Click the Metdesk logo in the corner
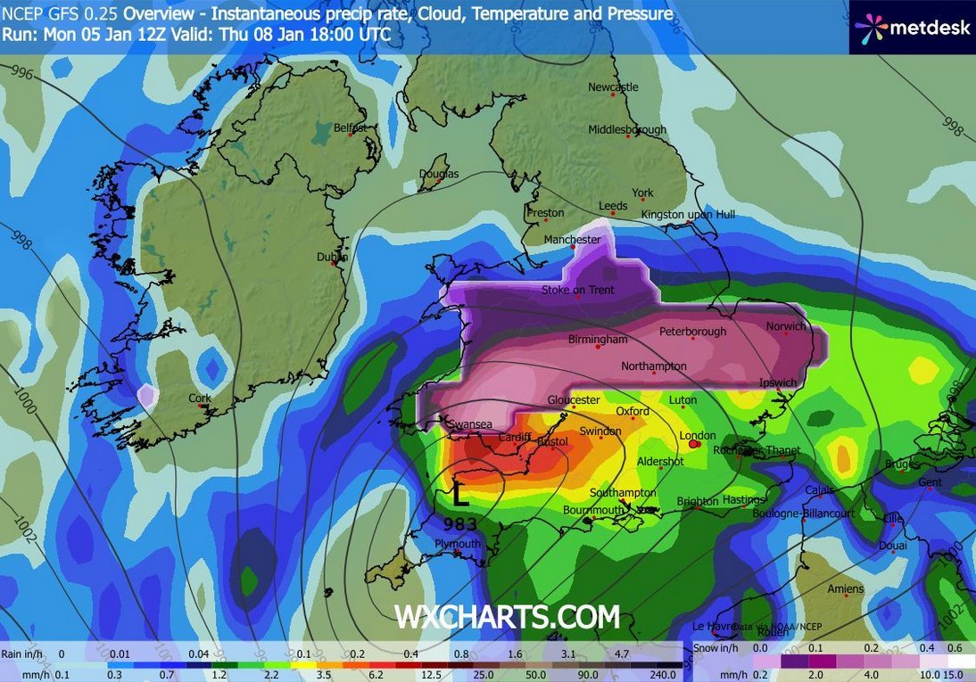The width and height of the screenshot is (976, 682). click(x=912, y=27)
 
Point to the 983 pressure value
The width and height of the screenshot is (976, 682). click(x=460, y=523)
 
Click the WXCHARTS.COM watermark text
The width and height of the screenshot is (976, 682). click(x=507, y=617)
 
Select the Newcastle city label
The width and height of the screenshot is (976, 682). click(x=613, y=87)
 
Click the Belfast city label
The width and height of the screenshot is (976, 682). click(x=350, y=128)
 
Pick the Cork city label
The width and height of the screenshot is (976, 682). click(x=200, y=399)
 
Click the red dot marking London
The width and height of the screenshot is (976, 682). click(x=694, y=444)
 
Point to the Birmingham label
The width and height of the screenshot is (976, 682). click(x=598, y=340)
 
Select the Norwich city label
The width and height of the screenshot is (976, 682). click(x=786, y=326)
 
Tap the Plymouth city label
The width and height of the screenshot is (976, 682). click(x=458, y=544)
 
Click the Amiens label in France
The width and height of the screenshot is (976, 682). click(x=845, y=589)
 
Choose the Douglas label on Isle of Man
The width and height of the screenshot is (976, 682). click(x=439, y=174)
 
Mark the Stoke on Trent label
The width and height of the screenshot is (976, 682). click(x=578, y=291)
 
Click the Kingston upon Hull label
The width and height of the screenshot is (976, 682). click(x=688, y=215)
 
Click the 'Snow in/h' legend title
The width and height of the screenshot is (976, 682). click(x=712, y=649)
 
